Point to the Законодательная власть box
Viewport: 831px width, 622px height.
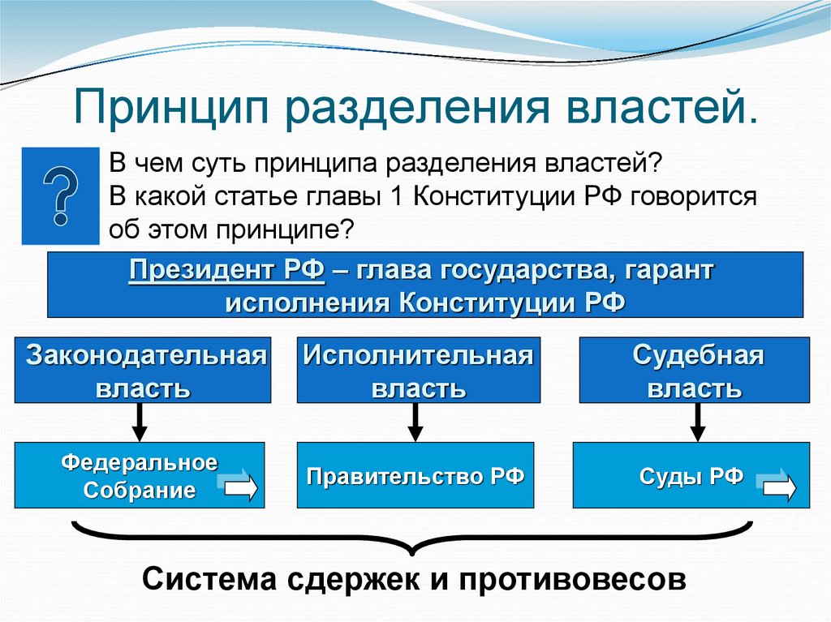(143, 370)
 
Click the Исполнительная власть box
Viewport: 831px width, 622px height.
(418, 370)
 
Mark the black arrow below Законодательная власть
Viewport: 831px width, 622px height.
(140, 422)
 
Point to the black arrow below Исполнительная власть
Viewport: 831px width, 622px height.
(416, 422)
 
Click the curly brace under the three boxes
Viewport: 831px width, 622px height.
(414, 539)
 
